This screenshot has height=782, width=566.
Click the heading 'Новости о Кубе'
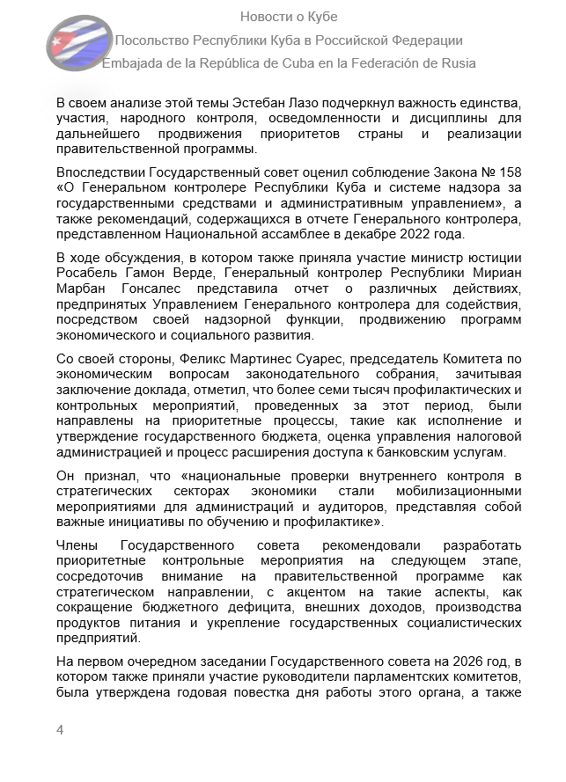tap(289, 17)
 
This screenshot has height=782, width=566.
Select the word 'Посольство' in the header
tap(152, 40)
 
